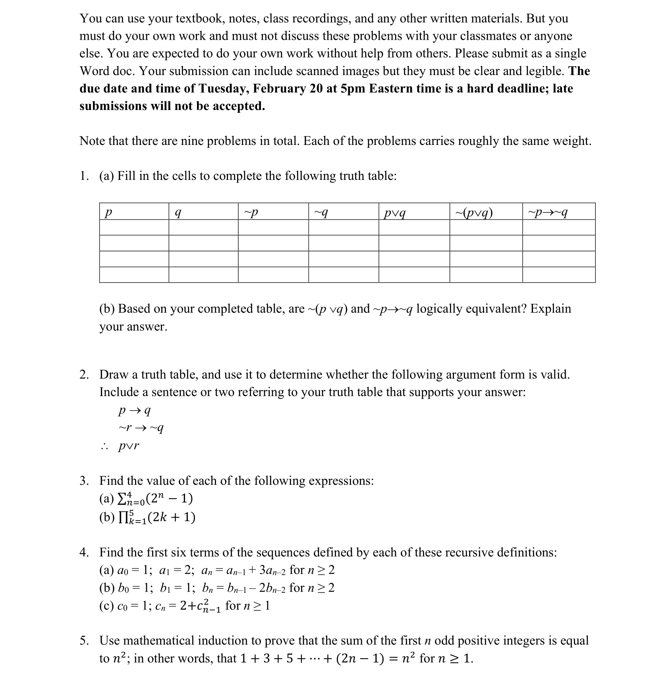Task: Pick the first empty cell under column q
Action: point(203,228)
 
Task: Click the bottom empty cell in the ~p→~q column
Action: point(558,275)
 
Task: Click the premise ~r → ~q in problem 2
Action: point(141,428)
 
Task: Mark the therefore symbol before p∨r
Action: point(104,447)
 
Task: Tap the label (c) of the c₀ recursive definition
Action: point(106,606)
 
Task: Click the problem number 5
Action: point(83,641)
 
